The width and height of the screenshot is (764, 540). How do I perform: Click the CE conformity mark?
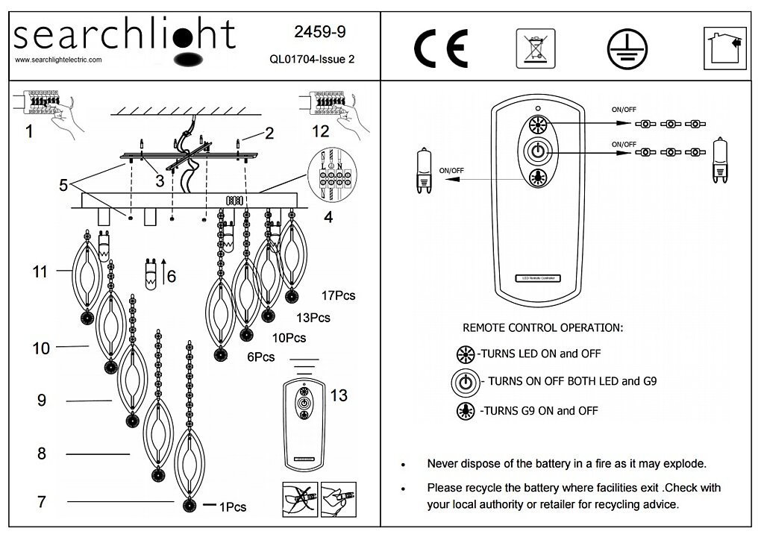click(441, 48)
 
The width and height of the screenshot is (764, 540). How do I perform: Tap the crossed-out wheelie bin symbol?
click(536, 48)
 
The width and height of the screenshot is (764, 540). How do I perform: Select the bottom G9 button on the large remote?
click(535, 177)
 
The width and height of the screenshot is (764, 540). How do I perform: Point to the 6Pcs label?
click(261, 357)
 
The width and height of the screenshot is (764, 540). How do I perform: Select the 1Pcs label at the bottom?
click(233, 507)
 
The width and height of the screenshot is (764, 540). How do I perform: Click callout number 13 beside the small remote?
click(338, 395)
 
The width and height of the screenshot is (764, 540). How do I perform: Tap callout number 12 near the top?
click(320, 131)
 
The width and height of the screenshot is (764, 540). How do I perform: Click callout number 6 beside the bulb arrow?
click(171, 276)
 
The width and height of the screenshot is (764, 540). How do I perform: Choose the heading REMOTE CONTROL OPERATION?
click(542, 327)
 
